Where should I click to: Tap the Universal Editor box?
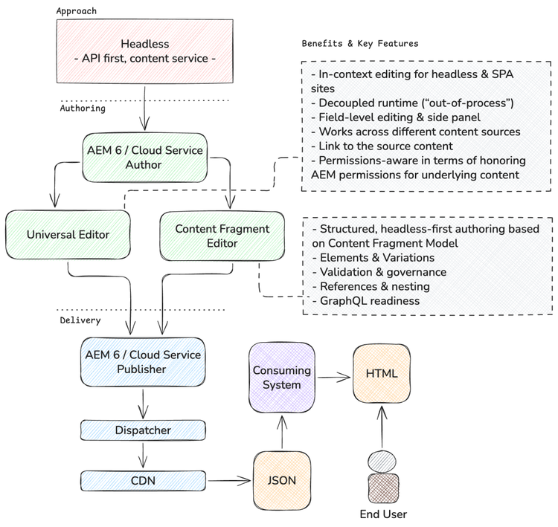(x=68, y=235)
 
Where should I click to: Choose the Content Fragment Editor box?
(x=222, y=235)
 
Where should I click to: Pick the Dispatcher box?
(x=144, y=430)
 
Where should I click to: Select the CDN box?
(x=144, y=480)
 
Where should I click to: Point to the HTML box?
(x=382, y=373)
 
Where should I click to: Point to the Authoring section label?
(x=83, y=108)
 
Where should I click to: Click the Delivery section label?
(x=80, y=320)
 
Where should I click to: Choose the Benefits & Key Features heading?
(x=360, y=44)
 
